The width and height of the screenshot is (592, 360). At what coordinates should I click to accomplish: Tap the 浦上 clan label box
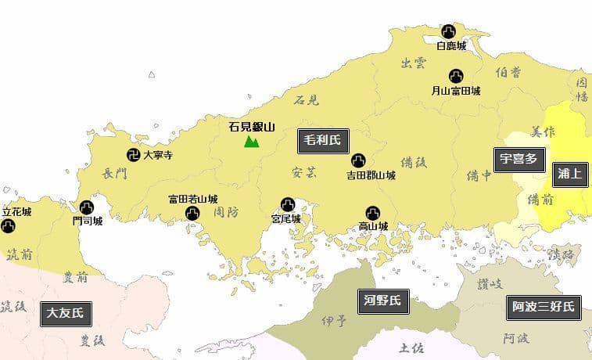(x=569, y=174)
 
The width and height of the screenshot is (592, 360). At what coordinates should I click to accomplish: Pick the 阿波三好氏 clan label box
(x=544, y=306)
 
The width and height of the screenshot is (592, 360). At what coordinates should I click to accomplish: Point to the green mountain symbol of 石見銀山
(x=251, y=141)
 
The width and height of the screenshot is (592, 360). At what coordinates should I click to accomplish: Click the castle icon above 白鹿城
(x=449, y=31)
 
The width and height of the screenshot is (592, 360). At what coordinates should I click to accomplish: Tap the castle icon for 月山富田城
(x=456, y=76)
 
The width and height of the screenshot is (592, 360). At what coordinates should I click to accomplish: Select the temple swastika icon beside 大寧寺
(x=134, y=155)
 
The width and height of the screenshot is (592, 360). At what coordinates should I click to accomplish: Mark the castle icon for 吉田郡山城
(x=358, y=160)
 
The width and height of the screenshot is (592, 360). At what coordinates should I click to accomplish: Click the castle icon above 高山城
(x=373, y=212)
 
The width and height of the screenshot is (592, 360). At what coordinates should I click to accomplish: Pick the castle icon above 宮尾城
(x=287, y=205)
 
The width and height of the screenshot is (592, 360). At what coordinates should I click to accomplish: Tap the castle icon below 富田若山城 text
(x=192, y=214)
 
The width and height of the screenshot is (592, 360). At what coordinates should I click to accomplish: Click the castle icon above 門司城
(x=87, y=207)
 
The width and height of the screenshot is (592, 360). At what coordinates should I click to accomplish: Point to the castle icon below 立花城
(x=8, y=226)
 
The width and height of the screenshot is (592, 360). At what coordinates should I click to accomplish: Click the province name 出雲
(x=413, y=63)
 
